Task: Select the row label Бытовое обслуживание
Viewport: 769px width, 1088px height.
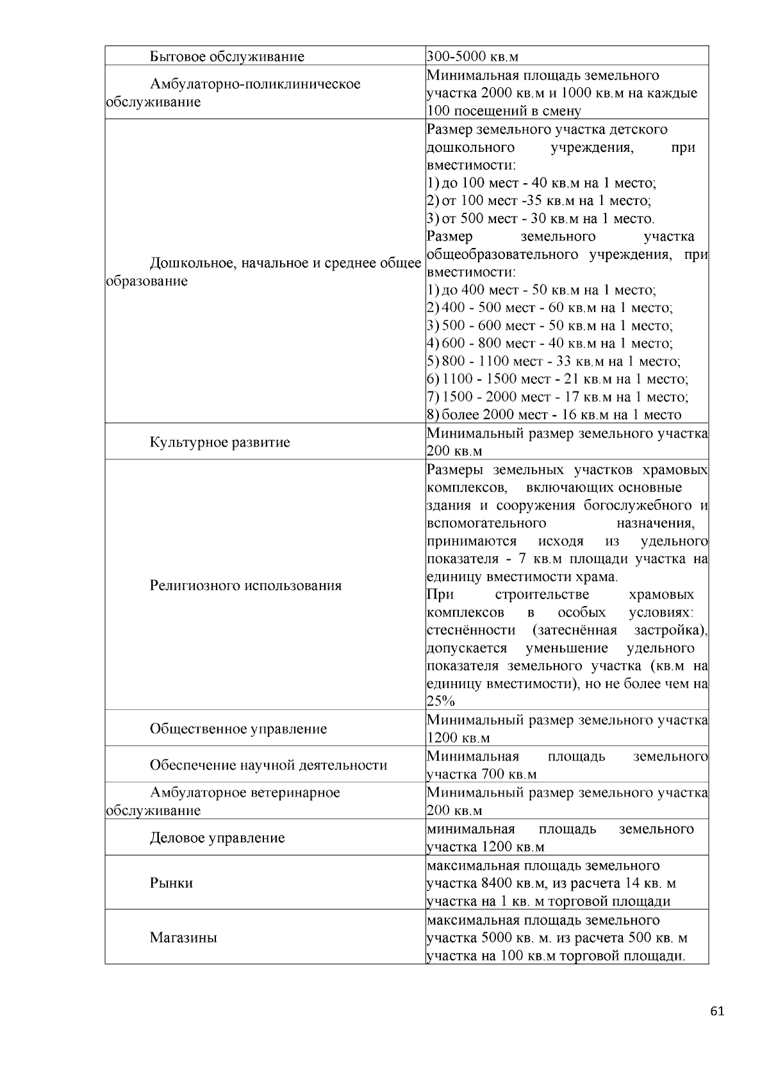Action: coord(227,56)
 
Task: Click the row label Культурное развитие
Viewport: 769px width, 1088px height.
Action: coord(220,442)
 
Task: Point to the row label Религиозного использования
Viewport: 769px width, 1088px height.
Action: coord(245,585)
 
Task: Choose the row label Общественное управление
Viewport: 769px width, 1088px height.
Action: coord(238,729)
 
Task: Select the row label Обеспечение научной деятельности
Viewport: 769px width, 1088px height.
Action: coord(269,765)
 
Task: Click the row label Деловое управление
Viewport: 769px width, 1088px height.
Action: coord(217,838)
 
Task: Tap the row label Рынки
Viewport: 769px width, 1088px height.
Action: coord(171,883)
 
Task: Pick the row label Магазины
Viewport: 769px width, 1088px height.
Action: coord(183,938)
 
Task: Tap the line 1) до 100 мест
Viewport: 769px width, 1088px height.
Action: coord(542,183)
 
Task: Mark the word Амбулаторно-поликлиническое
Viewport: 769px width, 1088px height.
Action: coord(255,84)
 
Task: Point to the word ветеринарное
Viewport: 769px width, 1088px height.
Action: coord(297,793)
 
